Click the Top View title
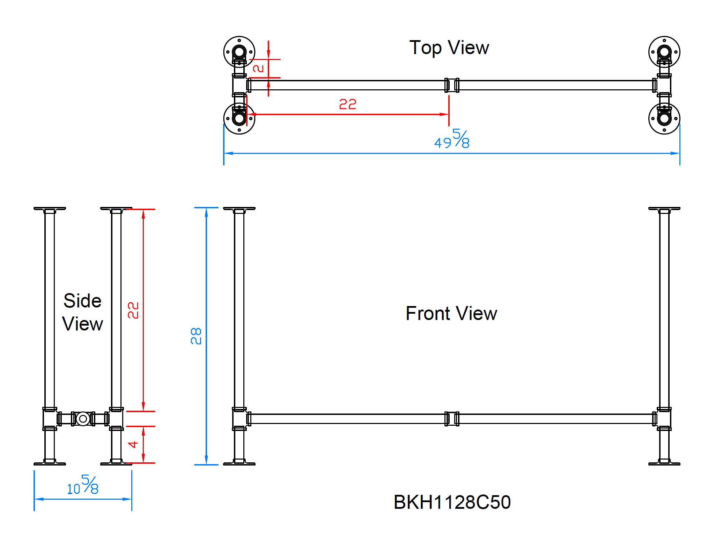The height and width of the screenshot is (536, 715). click(449, 48)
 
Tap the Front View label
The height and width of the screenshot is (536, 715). click(451, 313)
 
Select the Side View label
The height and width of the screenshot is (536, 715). click(83, 312)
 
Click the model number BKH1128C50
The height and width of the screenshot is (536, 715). click(452, 502)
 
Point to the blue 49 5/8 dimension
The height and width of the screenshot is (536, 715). click(452, 139)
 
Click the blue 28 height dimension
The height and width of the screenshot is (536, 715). click(196, 336)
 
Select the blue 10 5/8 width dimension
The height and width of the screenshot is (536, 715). click(83, 485)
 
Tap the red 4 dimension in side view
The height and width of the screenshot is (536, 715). click(133, 445)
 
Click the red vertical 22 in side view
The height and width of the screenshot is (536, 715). click(133, 310)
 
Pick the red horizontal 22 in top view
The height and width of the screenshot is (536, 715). click(348, 104)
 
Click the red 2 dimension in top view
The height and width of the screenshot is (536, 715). click(258, 68)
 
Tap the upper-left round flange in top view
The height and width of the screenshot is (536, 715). click(239, 52)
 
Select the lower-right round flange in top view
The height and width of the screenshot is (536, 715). click(664, 119)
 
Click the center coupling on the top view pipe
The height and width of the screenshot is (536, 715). click(452, 85)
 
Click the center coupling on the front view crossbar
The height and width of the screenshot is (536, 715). click(452, 419)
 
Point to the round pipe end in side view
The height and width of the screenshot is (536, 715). click(83, 419)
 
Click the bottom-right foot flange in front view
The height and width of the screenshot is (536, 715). click(664, 463)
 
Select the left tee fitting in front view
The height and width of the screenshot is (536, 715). click(240, 419)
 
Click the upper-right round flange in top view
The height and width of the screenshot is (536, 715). click(664, 52)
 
